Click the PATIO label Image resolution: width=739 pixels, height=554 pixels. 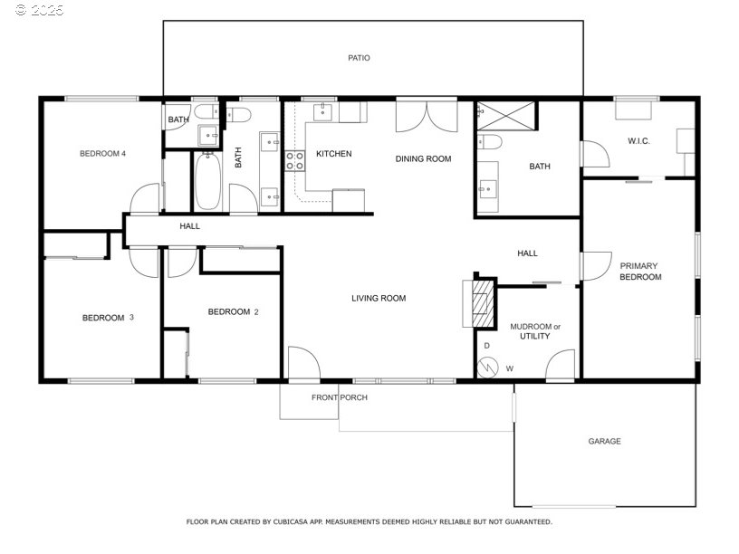(359, 58)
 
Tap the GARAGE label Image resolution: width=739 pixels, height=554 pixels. (604, 442)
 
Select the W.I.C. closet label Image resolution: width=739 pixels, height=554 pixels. (638, 141)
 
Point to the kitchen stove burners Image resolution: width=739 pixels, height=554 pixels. (294, 160)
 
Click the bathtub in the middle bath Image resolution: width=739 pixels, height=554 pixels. (207, 181)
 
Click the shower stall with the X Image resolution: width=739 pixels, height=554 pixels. (506, 116)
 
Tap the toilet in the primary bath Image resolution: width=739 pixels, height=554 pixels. (489, 141)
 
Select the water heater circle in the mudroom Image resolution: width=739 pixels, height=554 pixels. (487, 368)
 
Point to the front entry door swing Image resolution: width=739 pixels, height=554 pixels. (304, 363)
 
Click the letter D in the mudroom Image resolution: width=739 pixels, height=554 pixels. (487, 346)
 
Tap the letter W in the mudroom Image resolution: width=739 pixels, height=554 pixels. (510, 368)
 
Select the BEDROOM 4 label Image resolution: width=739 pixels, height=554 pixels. (102, 154)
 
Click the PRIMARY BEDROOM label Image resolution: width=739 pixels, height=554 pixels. (640, 272)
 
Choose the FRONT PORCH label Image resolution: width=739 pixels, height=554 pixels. (340, 397)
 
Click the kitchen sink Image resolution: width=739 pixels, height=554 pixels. (322, 112)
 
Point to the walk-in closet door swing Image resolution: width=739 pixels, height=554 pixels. (596, 154)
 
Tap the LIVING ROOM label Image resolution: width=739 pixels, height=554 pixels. (379, 298)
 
